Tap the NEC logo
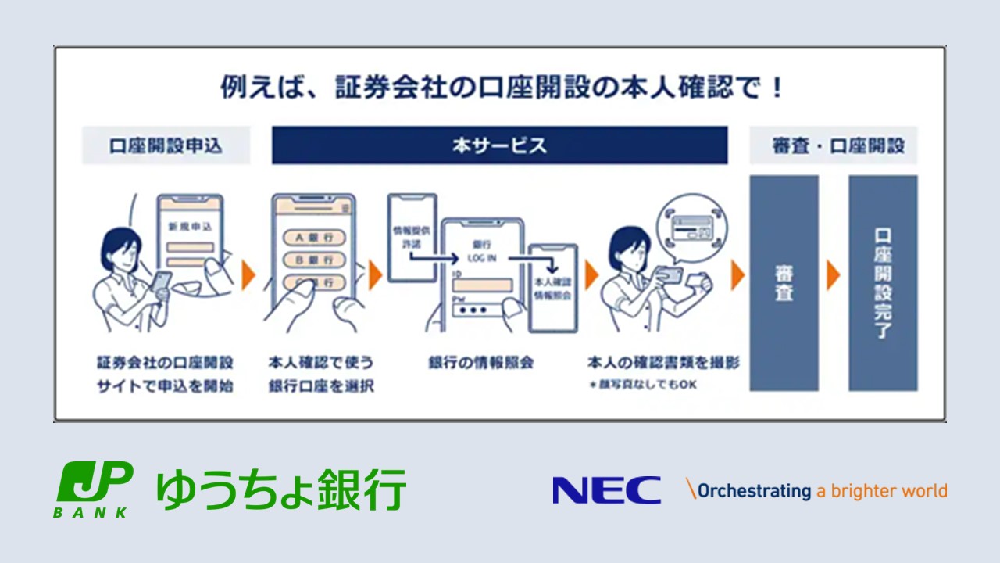tap(606, 490)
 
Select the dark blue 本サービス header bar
tap(499, 145)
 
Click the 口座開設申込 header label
tap(166, 145)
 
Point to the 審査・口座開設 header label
tap(833, 145)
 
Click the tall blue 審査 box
tap(784, 282)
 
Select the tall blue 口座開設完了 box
tap(883, 282)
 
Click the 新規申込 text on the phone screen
tap(189, 227)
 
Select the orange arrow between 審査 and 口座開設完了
tap(834, 274)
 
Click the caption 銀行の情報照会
tap(480, 363)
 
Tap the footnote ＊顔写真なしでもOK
tap(642, 384)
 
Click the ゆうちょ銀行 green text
tap(281, 490)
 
